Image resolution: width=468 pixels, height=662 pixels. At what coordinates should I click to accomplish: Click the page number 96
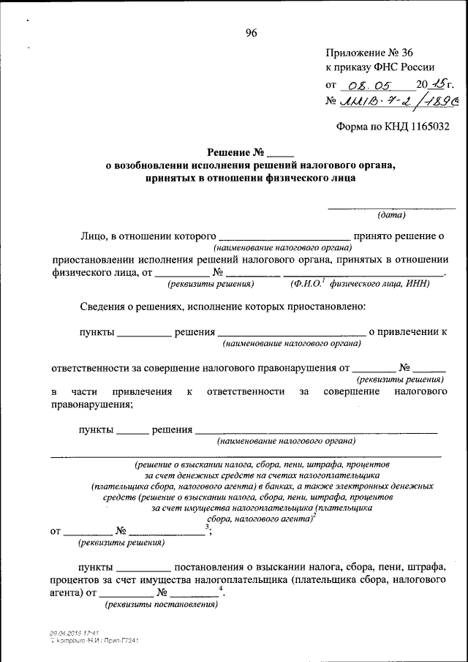coord(251,32)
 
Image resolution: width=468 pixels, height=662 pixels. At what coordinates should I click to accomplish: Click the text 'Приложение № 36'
coord(369,53)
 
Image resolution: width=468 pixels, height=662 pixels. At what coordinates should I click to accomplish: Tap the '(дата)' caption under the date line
coord(391,215)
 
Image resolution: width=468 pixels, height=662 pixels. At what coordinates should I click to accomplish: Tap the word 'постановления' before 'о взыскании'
coord(208,566)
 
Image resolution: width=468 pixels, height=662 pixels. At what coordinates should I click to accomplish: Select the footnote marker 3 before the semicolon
coord(208,526)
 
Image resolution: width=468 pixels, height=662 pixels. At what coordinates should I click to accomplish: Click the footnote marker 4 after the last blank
coord(220,588)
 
